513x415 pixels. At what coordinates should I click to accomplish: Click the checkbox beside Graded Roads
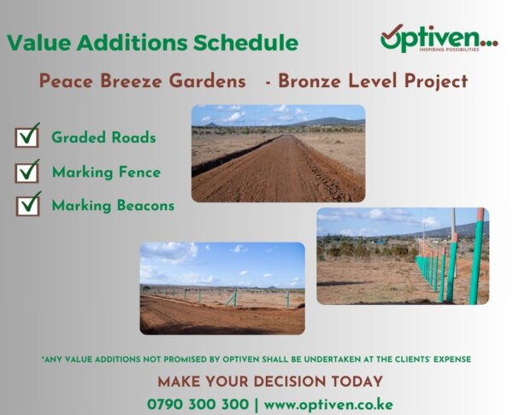click(x=27, y=137)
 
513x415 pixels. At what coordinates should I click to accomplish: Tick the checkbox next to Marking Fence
click(x=27, y=172)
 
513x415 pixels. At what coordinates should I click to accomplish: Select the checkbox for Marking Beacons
click(x=28, y=205)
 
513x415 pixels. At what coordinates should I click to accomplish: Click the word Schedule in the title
click(x=245, y=43)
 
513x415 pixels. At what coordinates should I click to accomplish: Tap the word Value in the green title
click(x=38, y=43)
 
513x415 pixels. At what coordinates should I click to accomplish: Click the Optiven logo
click(x=439, y=38)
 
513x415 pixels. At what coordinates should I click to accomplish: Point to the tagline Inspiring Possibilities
click(x=449, y=50)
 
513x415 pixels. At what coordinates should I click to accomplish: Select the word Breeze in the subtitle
click(x=131, y=81)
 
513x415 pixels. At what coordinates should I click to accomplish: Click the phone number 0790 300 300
click(x=198, y=404)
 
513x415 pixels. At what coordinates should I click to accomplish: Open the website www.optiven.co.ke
click(x=328, y=405)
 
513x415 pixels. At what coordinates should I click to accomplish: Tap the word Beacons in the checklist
click(x=146, y=206)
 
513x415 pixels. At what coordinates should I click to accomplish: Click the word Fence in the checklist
click(x=139, y=172)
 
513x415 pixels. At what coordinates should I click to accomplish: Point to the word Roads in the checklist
click(x=133, y=137)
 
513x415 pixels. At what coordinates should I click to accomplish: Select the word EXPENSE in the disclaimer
click(x=452, y=359)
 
